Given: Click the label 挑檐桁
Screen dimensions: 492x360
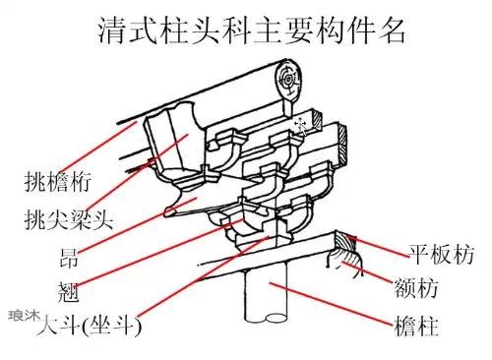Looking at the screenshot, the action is pos(58,182).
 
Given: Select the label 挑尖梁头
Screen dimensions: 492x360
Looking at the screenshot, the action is pos(69,219).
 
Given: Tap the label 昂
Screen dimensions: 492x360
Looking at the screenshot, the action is pos(69,258).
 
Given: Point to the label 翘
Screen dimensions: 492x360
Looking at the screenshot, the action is pos(68,291).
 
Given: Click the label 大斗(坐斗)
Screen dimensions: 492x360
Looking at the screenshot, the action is pos(89,326).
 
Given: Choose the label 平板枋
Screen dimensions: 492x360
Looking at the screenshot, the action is pos(441,254).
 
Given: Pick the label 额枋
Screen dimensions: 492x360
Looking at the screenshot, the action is pos(416,288).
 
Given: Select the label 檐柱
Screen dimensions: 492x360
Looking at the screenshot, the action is pos(416,326).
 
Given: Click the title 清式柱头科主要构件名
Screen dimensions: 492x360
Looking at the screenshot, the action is pos(252,30).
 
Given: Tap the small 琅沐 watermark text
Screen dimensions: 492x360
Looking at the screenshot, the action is pos(24,316).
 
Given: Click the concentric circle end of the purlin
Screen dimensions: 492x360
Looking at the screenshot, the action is pos(288,79).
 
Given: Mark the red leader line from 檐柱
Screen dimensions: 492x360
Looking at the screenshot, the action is pos(331,303).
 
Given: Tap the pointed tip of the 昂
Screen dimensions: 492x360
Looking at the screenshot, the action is pos(167,212).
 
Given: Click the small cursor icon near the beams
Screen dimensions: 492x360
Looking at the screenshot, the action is pos(301,126).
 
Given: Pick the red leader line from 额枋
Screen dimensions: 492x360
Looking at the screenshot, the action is pos(368,271).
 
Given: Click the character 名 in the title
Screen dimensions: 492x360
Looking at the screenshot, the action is pos(392,30).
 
